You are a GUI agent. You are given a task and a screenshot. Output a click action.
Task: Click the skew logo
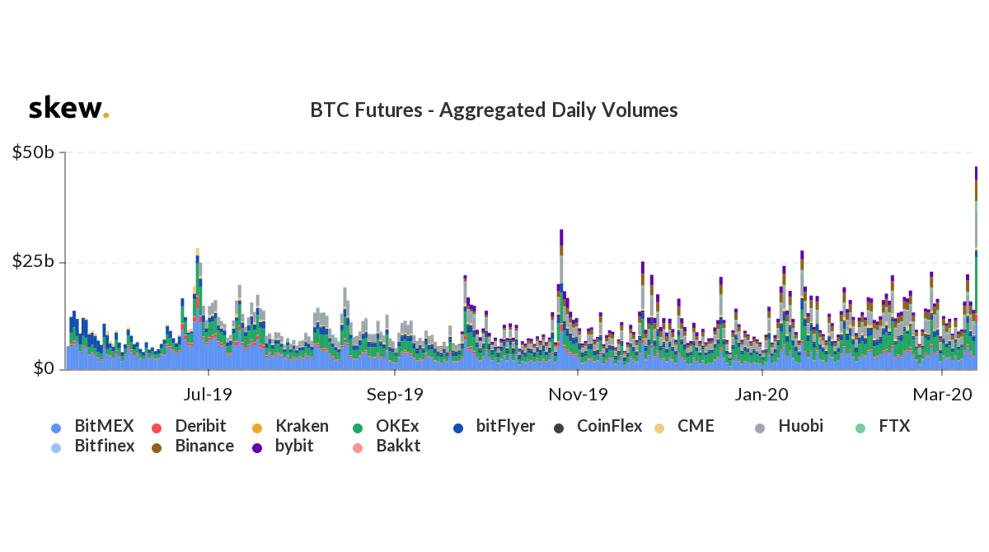coord(68,109)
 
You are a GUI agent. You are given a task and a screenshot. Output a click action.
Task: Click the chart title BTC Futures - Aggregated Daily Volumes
coord(494,110)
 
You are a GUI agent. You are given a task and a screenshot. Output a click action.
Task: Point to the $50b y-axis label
coord(33,152)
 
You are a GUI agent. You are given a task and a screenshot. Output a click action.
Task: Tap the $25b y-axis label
coord(33,261)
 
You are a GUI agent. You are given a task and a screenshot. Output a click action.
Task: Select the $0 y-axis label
coord(44,368)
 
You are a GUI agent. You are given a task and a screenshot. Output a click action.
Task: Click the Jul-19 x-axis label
coord(208,395)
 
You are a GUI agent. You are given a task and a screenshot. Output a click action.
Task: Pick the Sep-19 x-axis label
coord(395,395)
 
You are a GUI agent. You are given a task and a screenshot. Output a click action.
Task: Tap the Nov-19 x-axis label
coord(579,395)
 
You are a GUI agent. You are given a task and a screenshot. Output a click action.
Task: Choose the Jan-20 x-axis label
coord(762,395)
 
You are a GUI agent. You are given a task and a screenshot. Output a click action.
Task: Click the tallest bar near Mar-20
coord(976,272)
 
